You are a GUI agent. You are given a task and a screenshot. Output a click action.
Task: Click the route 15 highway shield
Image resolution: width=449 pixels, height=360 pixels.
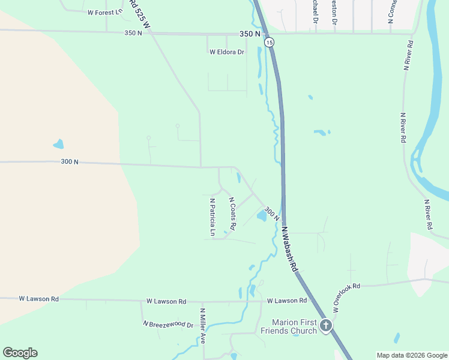(270, 42)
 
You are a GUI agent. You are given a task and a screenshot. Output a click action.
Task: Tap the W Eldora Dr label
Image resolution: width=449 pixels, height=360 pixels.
(227, 52)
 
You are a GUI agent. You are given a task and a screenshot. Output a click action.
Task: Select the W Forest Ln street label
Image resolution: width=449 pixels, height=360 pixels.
(106, 12)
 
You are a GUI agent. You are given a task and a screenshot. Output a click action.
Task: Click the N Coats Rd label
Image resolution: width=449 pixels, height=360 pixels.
(232, 214)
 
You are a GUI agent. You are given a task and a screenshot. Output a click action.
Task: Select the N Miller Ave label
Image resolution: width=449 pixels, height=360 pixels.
(203, 326)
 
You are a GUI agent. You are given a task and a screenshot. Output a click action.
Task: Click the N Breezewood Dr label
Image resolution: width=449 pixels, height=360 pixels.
(168, 324)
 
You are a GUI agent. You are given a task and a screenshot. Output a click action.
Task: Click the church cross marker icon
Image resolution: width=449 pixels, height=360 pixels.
(326, 326)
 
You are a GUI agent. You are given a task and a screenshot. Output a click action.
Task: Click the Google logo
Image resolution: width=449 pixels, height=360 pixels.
(20, 353)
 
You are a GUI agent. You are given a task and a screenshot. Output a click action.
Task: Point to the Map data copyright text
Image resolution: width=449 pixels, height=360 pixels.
(411, 355)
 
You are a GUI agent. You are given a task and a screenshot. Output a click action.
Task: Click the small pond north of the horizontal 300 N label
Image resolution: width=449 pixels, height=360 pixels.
(58, 144)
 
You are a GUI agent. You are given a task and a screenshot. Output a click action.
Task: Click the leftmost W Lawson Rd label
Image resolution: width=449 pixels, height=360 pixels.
(39, 298)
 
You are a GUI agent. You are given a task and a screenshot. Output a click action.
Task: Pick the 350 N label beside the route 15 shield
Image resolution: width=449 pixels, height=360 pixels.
(250, 34)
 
